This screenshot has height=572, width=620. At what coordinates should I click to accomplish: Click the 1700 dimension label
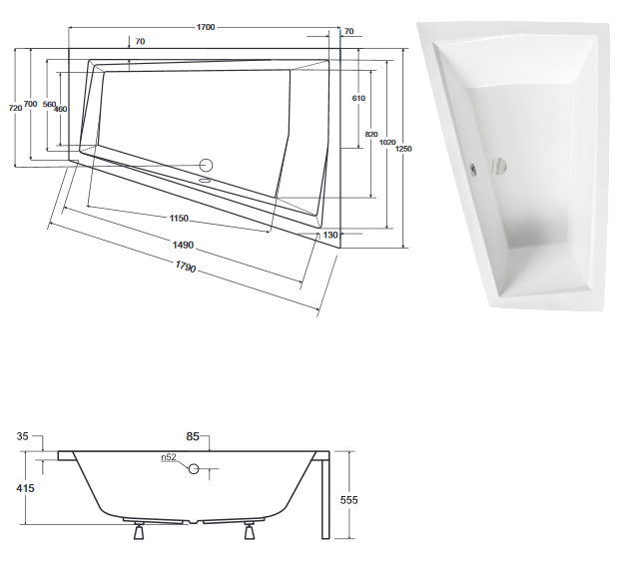point(207,28)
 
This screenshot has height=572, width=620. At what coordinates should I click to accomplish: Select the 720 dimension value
point(13,107)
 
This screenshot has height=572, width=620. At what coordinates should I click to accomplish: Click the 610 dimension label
point(358,98)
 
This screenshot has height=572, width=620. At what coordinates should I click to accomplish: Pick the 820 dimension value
point(372,134)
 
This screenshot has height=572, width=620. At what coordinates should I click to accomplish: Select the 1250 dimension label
point(404,149)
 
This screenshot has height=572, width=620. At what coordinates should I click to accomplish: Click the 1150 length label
point(179,219)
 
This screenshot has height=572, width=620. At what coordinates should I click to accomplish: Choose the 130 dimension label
point(330,235)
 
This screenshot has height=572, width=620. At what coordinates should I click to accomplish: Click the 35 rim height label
point(24,436)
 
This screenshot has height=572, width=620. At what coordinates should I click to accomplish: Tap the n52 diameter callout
point(171,459)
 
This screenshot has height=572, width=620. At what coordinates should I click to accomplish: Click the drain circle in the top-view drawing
point(207,166)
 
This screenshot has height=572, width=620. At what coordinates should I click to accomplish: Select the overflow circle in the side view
point(196,468)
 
